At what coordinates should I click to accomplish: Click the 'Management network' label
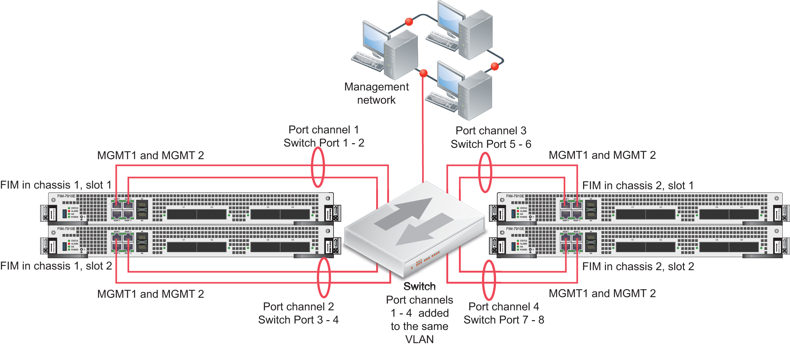click(376, 93)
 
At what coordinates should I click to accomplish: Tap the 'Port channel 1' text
click(323, 130)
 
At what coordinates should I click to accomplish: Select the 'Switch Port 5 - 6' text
click(491, 144)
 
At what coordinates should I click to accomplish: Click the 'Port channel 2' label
click(298, 306)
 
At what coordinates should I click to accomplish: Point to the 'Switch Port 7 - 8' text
click(504, 320)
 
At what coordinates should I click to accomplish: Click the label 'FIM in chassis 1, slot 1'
click(56, 185)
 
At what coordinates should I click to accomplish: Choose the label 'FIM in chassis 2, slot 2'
click(638, 266)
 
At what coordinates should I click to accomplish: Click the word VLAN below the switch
click(419, 339)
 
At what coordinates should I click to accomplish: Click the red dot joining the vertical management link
click(423, 73)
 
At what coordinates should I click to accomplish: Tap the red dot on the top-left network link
click(409, 21)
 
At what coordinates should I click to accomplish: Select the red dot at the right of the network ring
click(494, 66)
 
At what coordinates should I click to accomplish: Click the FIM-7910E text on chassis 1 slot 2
click(66, 229)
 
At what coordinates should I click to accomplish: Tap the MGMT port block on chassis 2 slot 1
click(571, 209)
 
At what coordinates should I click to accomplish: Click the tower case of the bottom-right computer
click(475, 95)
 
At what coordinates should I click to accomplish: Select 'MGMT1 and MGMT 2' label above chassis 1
click(150, 155)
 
